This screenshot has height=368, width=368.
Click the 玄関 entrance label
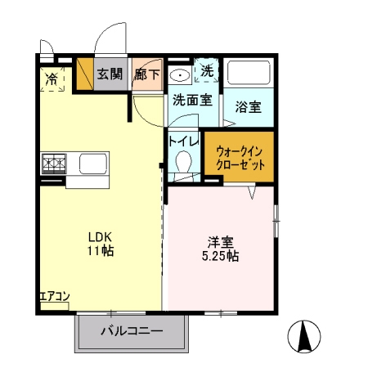click(110, 74)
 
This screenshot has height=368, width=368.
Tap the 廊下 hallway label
click(147, 74)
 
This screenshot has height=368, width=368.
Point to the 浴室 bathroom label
click(248, 105)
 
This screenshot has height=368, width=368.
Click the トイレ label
click(184, 140)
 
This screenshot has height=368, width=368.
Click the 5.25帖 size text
click(222, 256)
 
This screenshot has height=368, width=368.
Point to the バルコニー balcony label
click(132, 332)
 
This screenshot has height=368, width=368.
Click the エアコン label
click(54, 295)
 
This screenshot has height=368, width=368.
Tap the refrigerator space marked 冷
click(52, 79)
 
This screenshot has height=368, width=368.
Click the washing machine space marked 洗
click(208, 71)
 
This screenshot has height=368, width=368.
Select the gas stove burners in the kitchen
click(55, 164)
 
